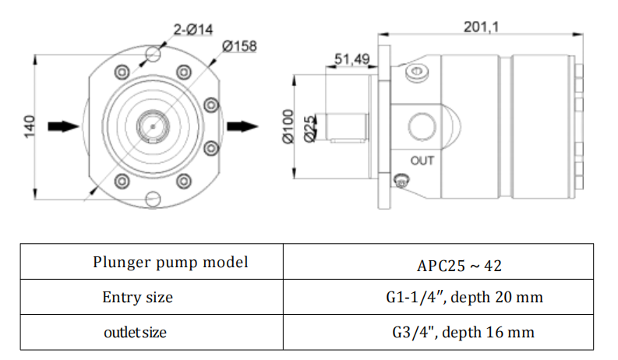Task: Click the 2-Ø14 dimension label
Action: pyautogui.click(x=193, y=30)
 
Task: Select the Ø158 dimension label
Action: pyautogui.click(x=239, y=46)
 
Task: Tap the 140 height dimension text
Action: pyautogui.click(x=30, y=127)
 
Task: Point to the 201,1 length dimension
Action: pyautogui.click(x=482, y=26)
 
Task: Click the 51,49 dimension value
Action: pyautogui.click(x=352, y=59)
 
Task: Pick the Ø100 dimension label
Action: pyautogui.click(x=288, y=126)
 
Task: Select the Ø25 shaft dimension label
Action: pyautogui.click(x=310, y=129)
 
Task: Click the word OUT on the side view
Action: pyautogui.click(x=422, y=161)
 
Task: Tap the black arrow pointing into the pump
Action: pyautogui.click(x=63, y=126)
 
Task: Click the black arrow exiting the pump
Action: pyautogui.click(x=242, y=126)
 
